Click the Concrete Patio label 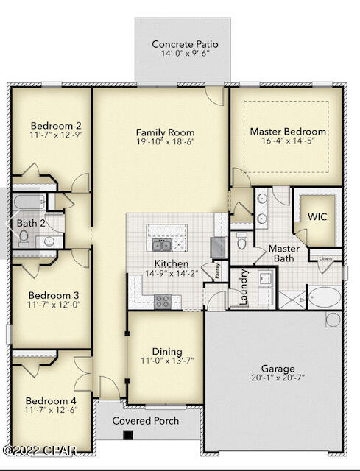(185, 45)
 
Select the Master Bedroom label (288, 132)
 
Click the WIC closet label (317, 217)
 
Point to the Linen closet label (325, 258)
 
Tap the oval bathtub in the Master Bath (323, 298)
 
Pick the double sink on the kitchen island (158, 244)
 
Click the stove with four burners (162, 300)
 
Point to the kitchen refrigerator (219, 246)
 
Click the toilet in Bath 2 (24, 237)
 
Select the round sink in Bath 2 (49, 241)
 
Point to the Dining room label (166, 352)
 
